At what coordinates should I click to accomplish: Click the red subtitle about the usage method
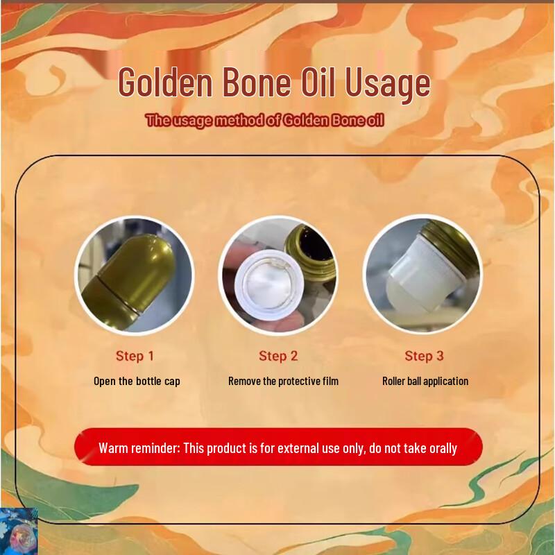[264, 120]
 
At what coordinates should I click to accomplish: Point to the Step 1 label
[135, 356]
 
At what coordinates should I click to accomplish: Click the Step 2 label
[278, 356]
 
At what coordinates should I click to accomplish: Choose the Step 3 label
[424, 356]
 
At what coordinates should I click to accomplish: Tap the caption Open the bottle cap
[137, 381]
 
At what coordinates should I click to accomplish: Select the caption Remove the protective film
[283, 381]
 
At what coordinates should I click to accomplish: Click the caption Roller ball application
[425, 381]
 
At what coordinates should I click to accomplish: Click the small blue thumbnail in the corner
[19, 532]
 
